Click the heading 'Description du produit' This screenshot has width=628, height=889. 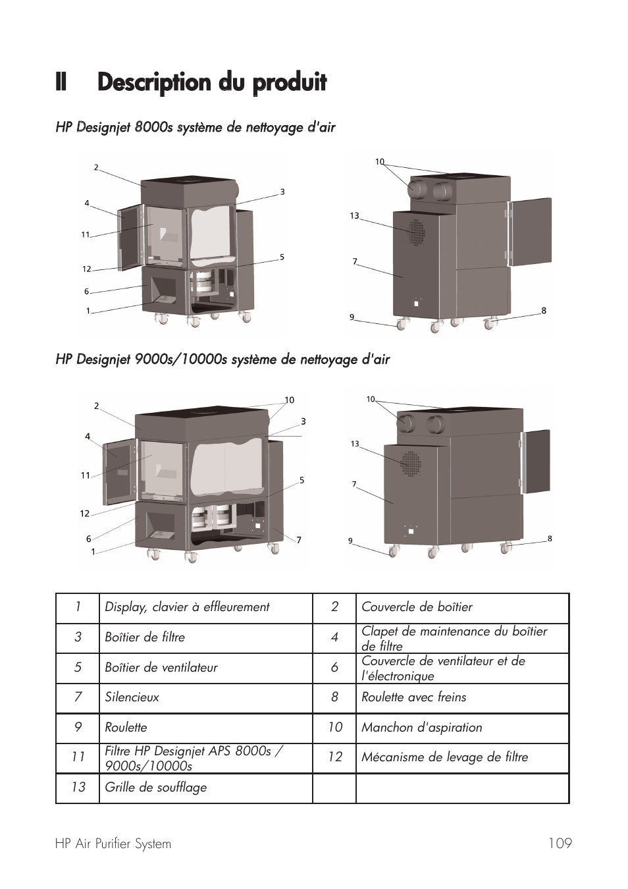click(x=211, y=83)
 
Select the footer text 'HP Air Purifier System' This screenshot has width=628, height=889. click(x=113, y=844)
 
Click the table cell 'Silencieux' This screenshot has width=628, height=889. click(x=132, y=697)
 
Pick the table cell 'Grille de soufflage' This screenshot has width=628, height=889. click(x=155, y=788)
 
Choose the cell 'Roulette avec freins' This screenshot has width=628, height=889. click(x=413, y=697)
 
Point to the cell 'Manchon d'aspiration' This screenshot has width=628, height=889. click(x=421, y=728)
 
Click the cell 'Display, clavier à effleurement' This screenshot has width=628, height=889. click(x=187, y=607)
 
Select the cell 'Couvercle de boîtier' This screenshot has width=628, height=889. click(x=417, y=607)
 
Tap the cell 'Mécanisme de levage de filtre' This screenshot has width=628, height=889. click(x=444, y=757)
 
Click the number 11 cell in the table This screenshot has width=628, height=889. click(x=78, y=757)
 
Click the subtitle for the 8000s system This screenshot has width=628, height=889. click(x=196, y=128)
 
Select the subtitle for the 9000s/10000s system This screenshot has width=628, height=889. click(x=222, y=360)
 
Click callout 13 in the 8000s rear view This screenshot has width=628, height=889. click(x=354, y=216)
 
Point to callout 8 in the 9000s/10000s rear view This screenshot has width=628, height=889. click(x=550, y=539)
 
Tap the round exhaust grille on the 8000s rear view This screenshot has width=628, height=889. click(x=415, y=232)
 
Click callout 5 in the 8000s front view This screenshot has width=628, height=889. click(x=282, y=257)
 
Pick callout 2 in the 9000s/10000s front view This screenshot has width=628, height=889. click(x=96, y=406)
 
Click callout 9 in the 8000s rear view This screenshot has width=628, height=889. click(x=352, y=317)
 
